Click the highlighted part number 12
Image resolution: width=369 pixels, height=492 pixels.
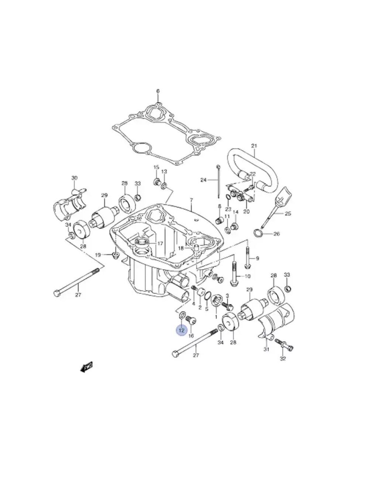click(181, 330)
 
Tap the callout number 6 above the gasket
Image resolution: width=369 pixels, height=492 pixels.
click(158, 91)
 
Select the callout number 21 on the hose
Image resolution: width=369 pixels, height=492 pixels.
click(254, 146)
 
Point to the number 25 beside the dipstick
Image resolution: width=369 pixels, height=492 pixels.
click(288, 214)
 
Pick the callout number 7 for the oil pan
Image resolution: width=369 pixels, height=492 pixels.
click(191, 200)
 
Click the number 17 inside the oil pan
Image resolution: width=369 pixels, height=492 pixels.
click(160, 244)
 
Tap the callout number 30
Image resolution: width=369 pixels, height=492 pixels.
click(75, 178)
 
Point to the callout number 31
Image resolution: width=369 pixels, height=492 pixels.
click(266, 349)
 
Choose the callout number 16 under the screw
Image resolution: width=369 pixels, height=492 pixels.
click(191, 336)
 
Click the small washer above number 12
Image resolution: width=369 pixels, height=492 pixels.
click(182, 315)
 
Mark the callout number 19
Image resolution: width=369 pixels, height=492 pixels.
click(98, 255)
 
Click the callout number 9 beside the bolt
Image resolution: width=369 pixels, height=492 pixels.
click(258, 259)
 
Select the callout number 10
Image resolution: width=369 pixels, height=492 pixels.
click(247, 276)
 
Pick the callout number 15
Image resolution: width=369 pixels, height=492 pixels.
click(156, 167)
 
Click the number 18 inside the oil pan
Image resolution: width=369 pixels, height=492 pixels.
click(181, 248)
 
